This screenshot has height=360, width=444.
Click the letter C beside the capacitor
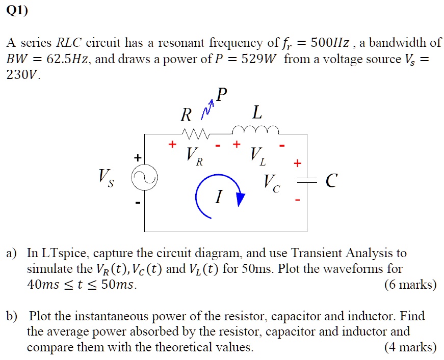pyautogui.click(x=331, y=181)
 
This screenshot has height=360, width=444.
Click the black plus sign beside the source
pyautogui.click(x=138, y=158)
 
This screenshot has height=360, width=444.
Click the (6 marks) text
pyautogui.click(x=410, y=285)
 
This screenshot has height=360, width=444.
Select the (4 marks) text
pyautogui.click(x=410, y=348)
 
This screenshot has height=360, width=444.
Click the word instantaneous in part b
pyautogui.click(x=108, y=316)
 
